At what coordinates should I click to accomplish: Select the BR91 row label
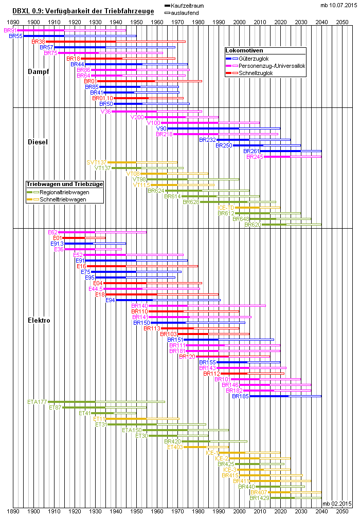point(10,31)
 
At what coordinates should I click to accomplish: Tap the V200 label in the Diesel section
point(137,117)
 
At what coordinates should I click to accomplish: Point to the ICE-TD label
point(226,207)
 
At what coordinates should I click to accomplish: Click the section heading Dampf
point(39,71)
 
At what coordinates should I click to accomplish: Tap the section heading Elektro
point(39,320)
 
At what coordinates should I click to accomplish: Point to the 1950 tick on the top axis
point(136,23)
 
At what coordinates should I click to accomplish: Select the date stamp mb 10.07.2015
point(338,5)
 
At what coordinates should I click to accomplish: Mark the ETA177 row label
point(37,401)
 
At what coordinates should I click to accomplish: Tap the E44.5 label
point(97,288)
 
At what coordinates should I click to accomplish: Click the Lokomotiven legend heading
point(244,51)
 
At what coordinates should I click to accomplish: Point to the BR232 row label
point(207,139)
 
